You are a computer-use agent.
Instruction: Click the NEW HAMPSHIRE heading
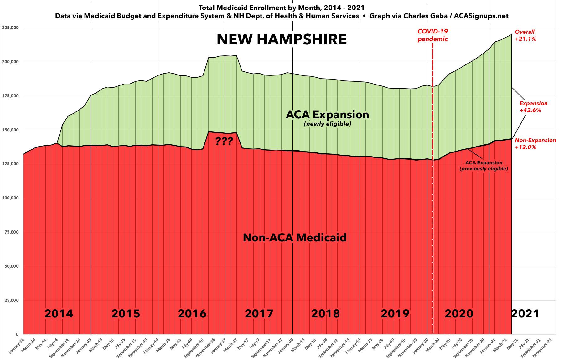click(282, 40)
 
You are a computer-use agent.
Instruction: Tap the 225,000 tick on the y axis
click(10, 28)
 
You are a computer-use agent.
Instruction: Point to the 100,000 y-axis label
click(10, 198)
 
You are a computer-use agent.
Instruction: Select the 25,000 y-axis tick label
click(11, 301)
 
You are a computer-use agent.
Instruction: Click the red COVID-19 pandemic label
click(432, 35)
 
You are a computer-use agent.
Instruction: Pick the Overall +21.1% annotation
click(525, 35)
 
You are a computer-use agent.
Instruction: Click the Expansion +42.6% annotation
click(533, 107)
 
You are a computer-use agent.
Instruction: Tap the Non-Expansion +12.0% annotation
click(535, 144)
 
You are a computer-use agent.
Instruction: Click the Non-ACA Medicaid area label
click(295, 238)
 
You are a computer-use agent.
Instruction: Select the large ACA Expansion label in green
click(327, 115)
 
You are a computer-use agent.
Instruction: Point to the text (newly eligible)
click(327, 124)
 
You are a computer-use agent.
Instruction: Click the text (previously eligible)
click(484, 169)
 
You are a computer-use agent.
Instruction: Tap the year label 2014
click(59, 313)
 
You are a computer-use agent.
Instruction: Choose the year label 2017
click(259, 313)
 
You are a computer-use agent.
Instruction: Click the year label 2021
click(525, 313)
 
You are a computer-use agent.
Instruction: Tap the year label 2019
click(395, 313)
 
